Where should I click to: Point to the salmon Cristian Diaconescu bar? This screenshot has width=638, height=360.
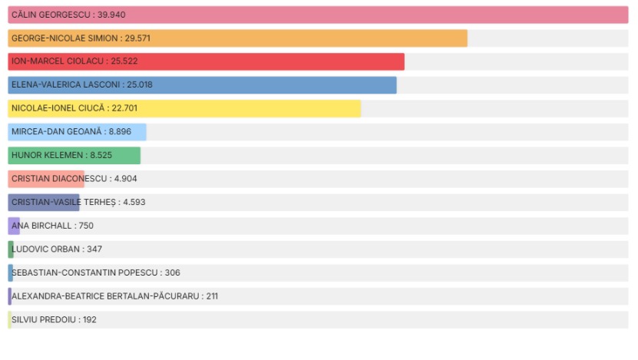(x=46, y=179)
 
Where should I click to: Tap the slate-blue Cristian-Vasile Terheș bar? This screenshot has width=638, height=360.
(x=44, y=203)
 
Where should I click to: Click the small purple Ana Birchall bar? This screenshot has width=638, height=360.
(x=14, y=226)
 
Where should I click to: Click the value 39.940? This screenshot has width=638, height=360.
(x=111, y=15)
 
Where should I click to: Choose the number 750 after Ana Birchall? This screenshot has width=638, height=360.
(x=86, y=226)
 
